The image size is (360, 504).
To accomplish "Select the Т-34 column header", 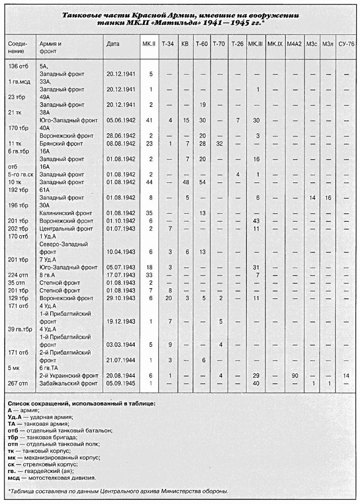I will (x=168, y=44).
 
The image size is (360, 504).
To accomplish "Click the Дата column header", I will (x=113, y=44).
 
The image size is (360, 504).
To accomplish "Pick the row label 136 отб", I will (x=17, y=66).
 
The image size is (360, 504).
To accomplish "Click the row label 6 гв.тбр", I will (x=18, y=151).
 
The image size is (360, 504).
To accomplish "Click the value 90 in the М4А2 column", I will (x=294, y=376).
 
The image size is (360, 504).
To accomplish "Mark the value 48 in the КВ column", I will (x=185, y=182).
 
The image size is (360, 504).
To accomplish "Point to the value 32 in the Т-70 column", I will (x=220, y=143).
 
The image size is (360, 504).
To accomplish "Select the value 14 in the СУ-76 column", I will (x=346, y=376).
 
